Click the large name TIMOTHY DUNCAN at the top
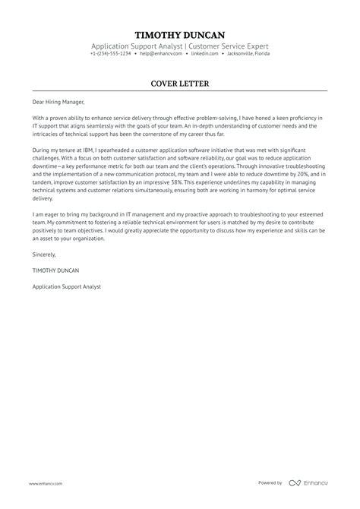[179, 35]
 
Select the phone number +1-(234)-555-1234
[109, 55]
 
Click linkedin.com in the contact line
[199, 55]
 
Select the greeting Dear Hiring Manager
[59, 102]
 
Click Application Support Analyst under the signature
[67, 286]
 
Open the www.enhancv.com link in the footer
[46, 483]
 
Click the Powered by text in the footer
[270, 482]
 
